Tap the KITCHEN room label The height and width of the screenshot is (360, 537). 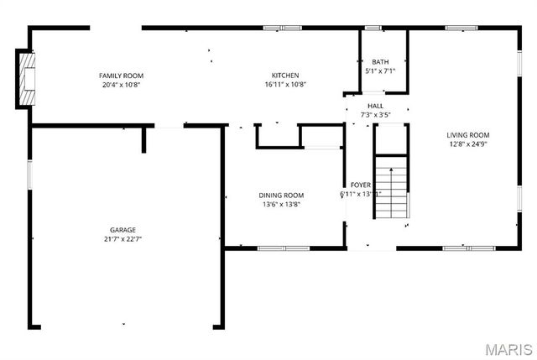(x=285, y=76)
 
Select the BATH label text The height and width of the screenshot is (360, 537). (x=380, y=62)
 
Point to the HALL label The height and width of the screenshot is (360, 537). (x=375, y=106)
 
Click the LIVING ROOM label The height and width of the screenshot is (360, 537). (x=468, y=135)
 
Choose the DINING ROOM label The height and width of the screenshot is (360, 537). (x=281, y=196)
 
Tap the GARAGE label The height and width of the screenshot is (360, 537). (x=123, y=230)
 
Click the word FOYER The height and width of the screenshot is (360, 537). (x=361, y=185)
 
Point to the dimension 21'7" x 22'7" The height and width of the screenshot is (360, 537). (x=123, y=239)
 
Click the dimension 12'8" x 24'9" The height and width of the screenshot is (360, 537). (x=468, y=143)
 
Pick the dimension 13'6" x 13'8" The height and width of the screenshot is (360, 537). (x=281, y=204)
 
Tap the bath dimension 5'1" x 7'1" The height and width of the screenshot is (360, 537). (x=380, y=71)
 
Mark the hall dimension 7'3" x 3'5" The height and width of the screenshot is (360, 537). (x=375, y=114)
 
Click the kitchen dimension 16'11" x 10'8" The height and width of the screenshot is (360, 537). (x=285, y=85)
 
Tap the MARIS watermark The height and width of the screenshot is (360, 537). (x=508, y=348)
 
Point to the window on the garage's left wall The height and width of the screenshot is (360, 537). (x=30, y=174)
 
